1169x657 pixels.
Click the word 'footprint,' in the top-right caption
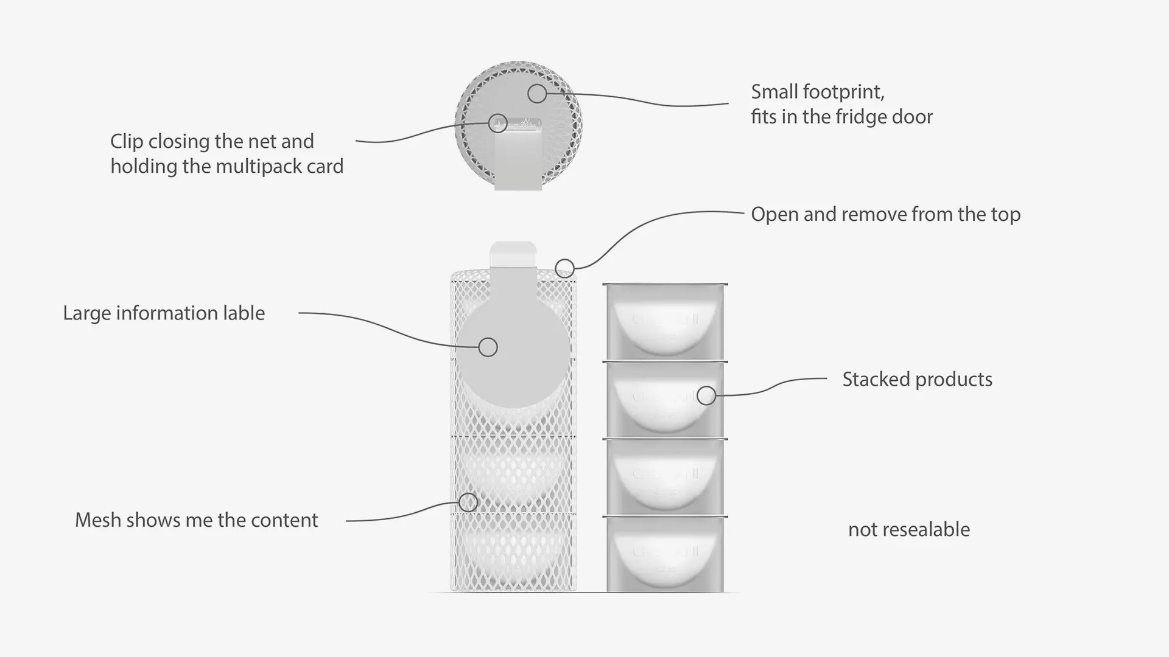pyautogui.click(x=843, y=92)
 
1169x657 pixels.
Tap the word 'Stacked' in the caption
pyautogui.click(x=876, y=379)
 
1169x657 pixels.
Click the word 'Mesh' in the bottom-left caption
pyautogui.click(x=95, y=520)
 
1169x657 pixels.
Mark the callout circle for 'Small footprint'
pyautogui.click(x=537, y=93)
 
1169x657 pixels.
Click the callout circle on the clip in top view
pyautogui.click(x=498, y=123)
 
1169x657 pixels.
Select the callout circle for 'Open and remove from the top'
pyautogui.click(x=565, y=268)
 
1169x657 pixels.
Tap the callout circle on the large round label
pyautogui.click(x=488, y=347)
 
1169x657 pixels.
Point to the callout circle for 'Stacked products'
pyautogui.click(x=706, y=395)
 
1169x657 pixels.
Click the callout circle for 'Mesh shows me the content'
pyautogui.click(x=468, y=502)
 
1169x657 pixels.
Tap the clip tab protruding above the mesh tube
pyautogui.click(x=513, y=253)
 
